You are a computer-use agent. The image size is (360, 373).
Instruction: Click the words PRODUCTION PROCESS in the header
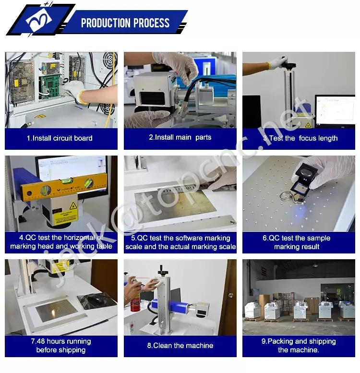tap(125, 23)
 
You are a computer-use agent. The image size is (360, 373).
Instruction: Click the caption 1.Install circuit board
tap(60, 138)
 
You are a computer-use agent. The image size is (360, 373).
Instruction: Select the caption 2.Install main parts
tap(180, 137)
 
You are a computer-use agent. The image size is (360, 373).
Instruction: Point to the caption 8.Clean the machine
tap(180, 346)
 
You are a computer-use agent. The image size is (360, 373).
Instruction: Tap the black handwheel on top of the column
tap(288, 64)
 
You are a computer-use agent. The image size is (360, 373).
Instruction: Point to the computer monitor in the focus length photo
tap(335, 110)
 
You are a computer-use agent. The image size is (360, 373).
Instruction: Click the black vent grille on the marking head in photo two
tap(152, 98)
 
